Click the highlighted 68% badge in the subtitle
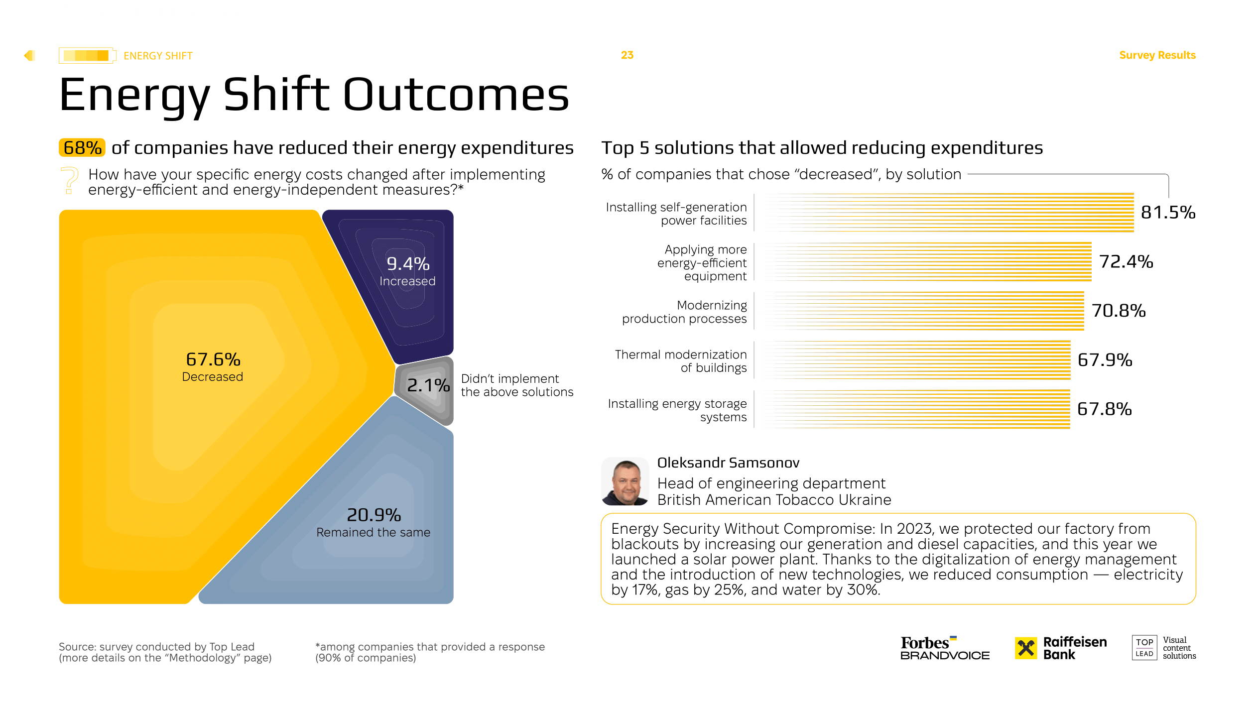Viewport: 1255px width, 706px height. [82, 148]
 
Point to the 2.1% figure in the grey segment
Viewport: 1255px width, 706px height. [428, 385]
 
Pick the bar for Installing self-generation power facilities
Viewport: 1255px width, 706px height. [949, 213]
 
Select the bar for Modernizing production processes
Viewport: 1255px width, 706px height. [924, 311]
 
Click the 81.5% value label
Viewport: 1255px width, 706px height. [1168, 213]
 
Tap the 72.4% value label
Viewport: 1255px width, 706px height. [1126, 262]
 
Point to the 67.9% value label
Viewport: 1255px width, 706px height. [1105, 360]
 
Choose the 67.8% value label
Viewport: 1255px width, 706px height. [1104, 409]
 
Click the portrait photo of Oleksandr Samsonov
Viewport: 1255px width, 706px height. [625, 482]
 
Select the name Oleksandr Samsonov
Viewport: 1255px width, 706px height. [728, 463]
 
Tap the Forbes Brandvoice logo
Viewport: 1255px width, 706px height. [945, 648]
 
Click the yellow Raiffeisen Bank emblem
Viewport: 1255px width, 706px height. [1026, 648]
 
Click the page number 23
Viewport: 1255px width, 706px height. [627, 55]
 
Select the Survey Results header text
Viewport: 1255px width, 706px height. [1157, 55]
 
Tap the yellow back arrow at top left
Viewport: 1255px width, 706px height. [29, 55]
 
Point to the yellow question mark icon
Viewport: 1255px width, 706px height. [70, 180]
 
